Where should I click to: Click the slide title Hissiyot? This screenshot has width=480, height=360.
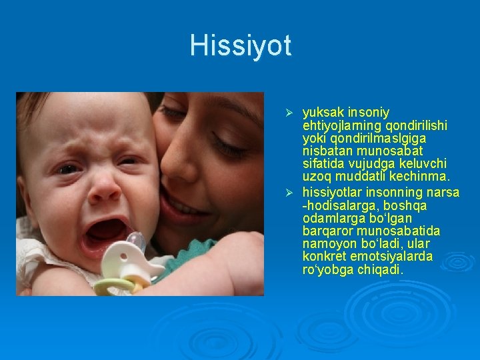tap(240, 45)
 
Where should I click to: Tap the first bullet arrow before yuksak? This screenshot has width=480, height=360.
tap(289, 113)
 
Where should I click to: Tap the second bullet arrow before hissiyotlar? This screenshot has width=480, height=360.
tap(289, 193)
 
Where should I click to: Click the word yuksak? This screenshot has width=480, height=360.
tap(323, 113)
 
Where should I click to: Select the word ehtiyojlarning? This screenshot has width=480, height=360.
tap(340, 125)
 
